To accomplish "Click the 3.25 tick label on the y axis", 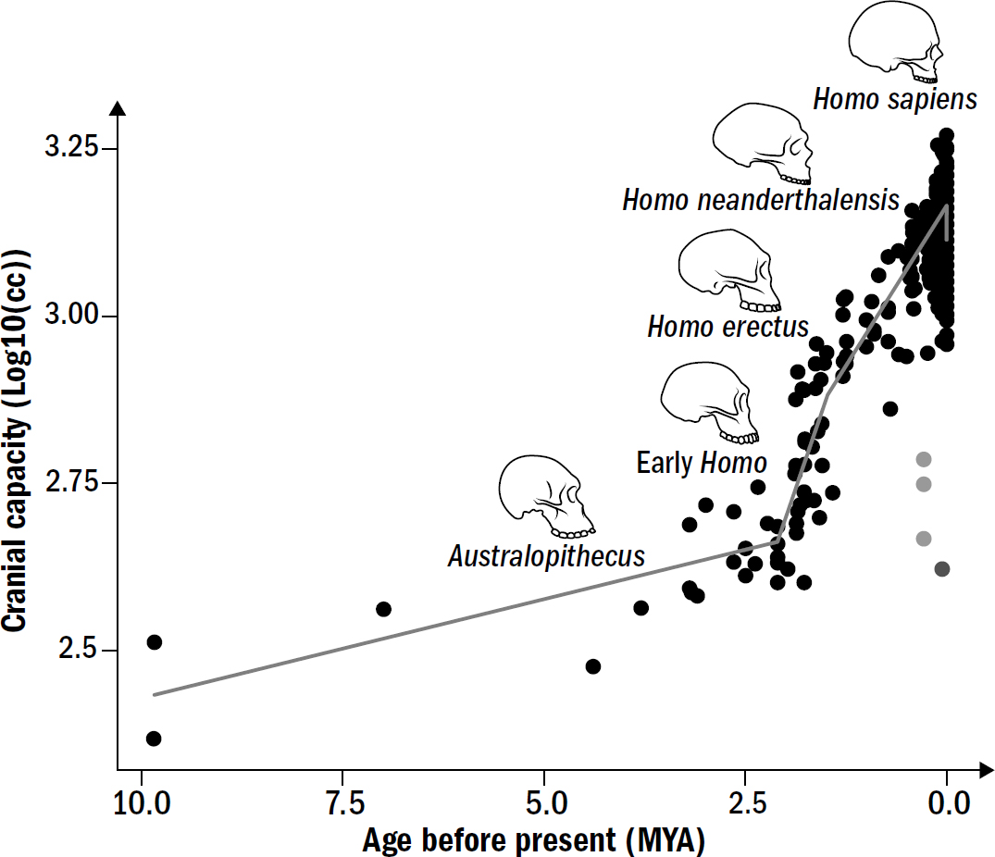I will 70,149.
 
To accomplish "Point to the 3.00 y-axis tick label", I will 70,317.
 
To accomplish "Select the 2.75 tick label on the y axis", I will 70,483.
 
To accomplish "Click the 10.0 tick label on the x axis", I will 140,801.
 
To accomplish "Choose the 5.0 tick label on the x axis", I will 544,801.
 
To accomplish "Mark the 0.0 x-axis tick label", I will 946,801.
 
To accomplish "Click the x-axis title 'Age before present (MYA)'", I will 533,840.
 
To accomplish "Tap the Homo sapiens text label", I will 894,99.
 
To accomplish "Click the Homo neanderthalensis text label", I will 761,200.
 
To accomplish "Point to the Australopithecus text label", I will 546,557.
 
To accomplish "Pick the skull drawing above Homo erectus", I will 729,271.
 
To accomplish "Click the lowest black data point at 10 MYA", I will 154,739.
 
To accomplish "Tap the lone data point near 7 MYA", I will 383,609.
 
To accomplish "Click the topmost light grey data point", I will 923,459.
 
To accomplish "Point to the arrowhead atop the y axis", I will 118,108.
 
